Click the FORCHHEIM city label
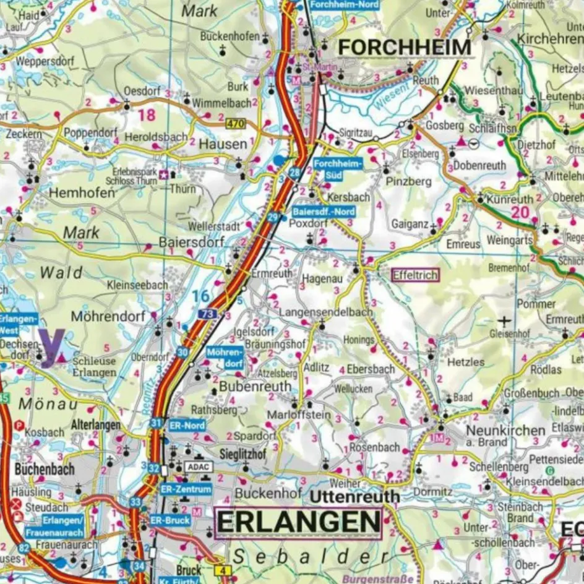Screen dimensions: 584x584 click(x=405, y=48)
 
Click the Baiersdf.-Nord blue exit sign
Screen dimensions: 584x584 click(x=324, y=212)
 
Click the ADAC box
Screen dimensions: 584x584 click(x=199, y=467)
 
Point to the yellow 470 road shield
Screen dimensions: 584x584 click(x=235, y=124)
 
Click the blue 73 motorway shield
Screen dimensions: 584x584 click(x=208, y=314)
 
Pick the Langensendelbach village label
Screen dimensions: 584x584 click(x=325, y=313)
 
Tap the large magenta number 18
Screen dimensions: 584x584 click(x=147, y=114)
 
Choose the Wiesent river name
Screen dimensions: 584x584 click(x=386, y=96)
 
